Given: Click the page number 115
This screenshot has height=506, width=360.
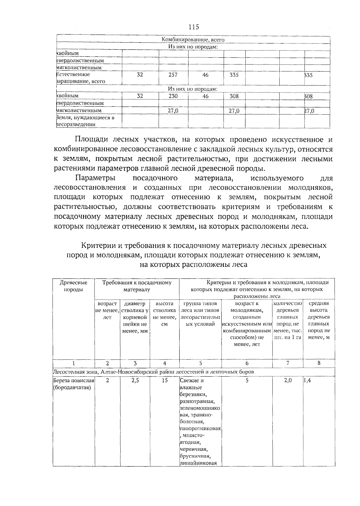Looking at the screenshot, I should click(x=194, y=27).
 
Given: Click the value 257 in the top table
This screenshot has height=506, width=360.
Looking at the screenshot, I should click(x=173, y=75).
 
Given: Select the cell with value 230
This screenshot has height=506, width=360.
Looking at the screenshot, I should click(x=173, y=96).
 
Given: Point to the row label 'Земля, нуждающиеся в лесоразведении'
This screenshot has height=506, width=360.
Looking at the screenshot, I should click(x=86, y=121).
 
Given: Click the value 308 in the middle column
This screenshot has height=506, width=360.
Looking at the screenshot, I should click(x=234, y=96).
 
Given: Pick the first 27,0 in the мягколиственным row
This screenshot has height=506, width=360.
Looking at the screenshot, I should click(x=173, y=111).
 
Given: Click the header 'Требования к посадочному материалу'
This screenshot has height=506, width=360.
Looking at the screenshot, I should click(x=137, y=286).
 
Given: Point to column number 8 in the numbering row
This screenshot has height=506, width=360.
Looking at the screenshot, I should click(x=319, y=363).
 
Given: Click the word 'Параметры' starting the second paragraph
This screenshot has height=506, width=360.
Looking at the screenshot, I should click(x=95, y=178).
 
